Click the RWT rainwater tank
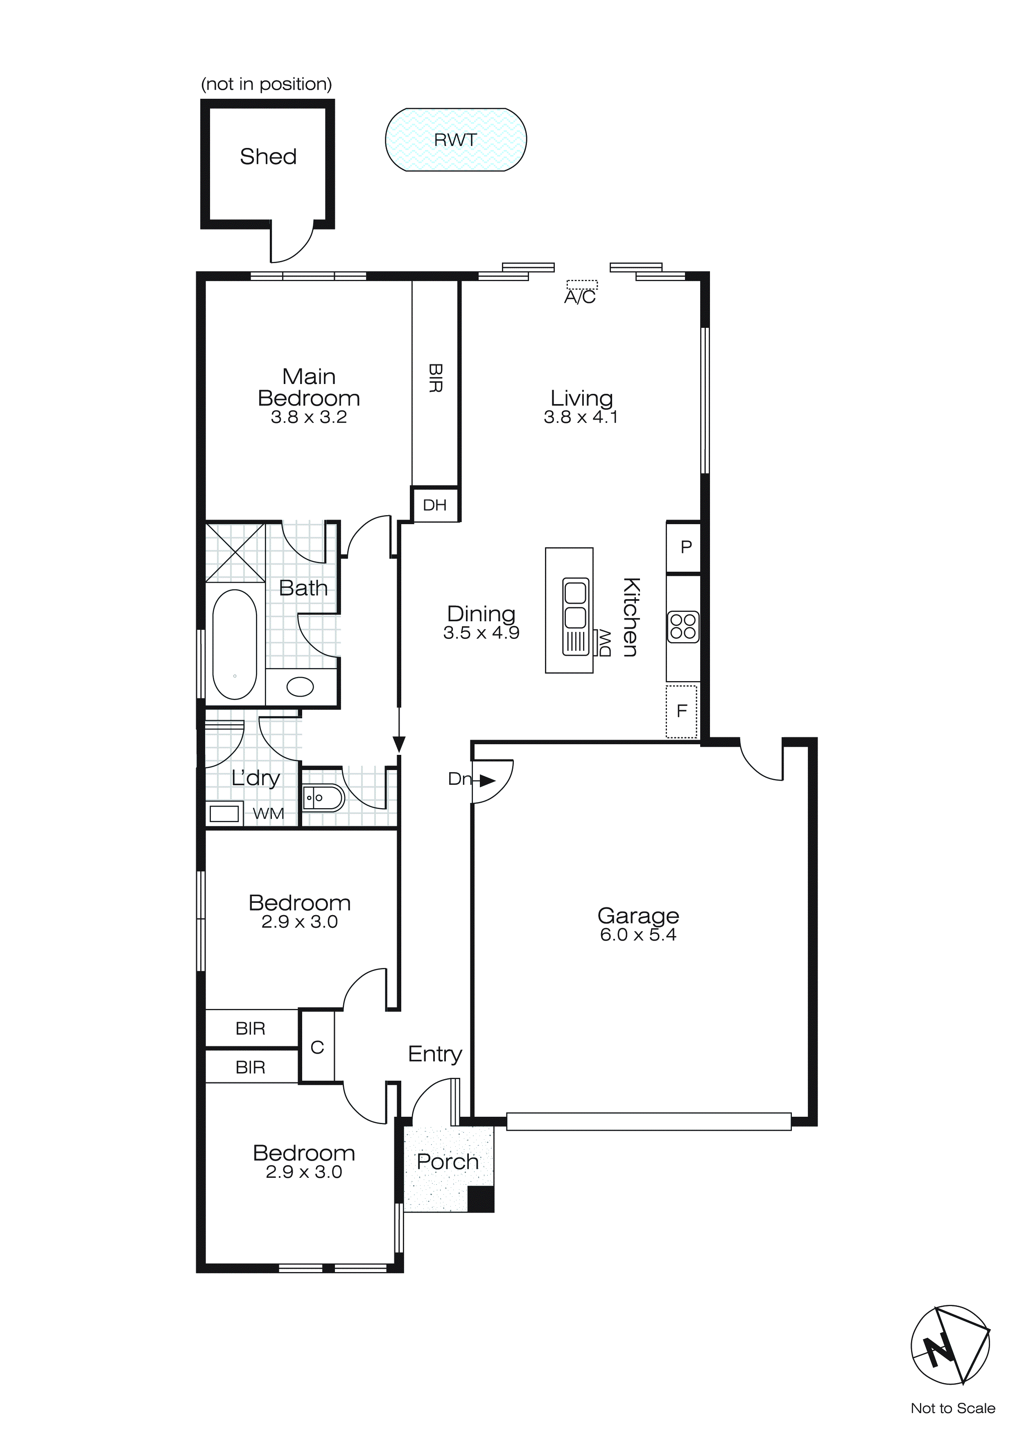456,139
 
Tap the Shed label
268,157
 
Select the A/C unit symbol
582,284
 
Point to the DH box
434,505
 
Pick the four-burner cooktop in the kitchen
683,627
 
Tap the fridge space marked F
681,711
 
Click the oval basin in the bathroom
300,687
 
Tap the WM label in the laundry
268,813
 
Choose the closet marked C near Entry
317,1047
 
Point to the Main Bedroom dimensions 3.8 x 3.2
309,417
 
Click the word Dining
481,613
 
